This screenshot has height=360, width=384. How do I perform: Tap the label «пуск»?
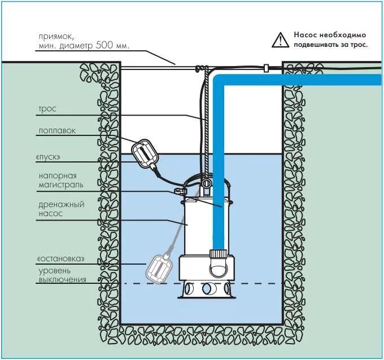pyautogui.click(x=49, y=156)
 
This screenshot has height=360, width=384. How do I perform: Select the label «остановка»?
pyautogui.click(x=61, y=258)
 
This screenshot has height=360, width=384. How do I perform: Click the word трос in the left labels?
pyautogui.click(x=47, y=108)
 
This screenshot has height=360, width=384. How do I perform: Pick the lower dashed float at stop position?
pyautogui.click(x=161, y=268)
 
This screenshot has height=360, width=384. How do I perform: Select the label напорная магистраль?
pyautogui.click(x=62, y=180)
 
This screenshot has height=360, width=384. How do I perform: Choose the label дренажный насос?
pyautogui.click(x=62, y=209)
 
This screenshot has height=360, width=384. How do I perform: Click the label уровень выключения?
pyautogui.click(x=62, y=275)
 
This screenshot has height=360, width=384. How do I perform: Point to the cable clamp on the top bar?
pyautogui.click(x=265, y=68)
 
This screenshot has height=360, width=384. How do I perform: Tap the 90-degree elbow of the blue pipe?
pyautogui.click(x=221, y=82)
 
